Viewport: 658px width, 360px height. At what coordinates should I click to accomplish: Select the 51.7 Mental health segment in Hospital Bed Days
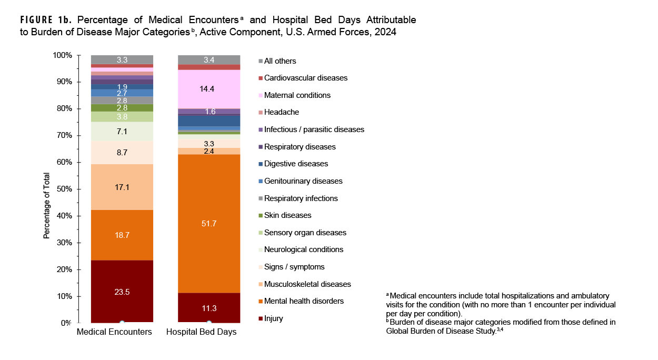click(208, 232)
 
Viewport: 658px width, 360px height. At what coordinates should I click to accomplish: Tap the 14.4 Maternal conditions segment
click(208, 89)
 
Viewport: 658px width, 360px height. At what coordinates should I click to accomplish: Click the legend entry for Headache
click(281, 112)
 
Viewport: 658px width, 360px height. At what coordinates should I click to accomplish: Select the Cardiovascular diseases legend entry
click(305, 78)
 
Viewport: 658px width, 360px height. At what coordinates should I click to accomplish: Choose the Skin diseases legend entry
click(287, 215)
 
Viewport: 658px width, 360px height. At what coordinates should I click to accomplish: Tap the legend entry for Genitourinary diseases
click(303, 181)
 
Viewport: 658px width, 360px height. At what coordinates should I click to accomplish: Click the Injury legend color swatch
click(260, 318)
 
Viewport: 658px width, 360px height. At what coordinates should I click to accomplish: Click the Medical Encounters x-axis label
click(114, 332)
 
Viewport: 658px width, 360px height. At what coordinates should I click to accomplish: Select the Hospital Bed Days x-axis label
click(202, 332)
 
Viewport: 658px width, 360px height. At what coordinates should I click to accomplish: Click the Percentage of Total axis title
click(46, 206)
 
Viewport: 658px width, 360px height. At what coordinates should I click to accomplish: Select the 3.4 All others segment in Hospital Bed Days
click(208, 59)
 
